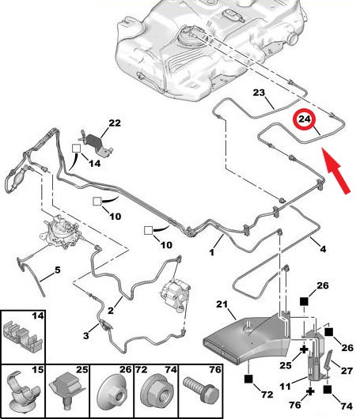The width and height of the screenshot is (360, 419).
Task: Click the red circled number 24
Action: coord(305,119)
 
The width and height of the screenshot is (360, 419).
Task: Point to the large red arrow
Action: coord(336,171)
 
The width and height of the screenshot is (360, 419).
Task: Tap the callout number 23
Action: coord(259,92)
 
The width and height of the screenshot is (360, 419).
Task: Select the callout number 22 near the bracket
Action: coord(115,123)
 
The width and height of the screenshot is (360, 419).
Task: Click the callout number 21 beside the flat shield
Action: coord(222,304)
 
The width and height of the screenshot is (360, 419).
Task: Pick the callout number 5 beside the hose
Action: coord(58,270)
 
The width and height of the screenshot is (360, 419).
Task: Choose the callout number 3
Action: coord(86,336)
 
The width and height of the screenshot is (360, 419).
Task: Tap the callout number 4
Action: coord(323,249)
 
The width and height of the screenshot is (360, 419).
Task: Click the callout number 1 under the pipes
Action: coord(212,252)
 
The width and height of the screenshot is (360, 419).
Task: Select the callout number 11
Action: coord(285,386)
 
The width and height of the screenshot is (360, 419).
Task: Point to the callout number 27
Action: coord(347,371)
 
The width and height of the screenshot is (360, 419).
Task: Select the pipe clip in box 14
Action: coord(22,336)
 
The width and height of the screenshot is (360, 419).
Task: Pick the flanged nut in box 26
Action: coord(112,392)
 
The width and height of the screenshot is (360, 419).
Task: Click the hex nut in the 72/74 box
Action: coord(156,392)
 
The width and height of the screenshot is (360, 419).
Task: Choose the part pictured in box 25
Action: coord(67,389)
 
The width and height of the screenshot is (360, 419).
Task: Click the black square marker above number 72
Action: coord(248,379)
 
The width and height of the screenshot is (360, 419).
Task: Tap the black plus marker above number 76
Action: coord(310,392)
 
